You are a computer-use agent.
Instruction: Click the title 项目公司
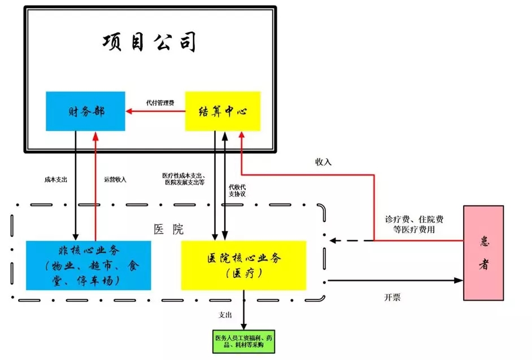(150, 42)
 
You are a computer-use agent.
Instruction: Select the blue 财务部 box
(85, 111)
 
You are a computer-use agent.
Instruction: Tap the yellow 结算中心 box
(223, 111)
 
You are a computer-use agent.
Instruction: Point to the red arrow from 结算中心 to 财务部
(155, 111)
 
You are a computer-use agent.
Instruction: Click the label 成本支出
(56, 179)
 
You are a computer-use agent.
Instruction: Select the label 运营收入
(115, 179)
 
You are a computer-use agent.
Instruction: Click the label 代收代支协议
(237, 190)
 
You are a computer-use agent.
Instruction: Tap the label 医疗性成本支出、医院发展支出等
(184, 179)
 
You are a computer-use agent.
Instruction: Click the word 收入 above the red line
(323, 162)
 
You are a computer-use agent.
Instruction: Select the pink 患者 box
(483, 253)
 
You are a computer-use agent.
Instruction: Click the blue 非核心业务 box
(89, 265)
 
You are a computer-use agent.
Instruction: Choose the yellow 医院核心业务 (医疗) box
(243, 265)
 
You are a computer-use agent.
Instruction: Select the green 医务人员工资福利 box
(243, 341)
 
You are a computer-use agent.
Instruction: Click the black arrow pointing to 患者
(395, 280)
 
